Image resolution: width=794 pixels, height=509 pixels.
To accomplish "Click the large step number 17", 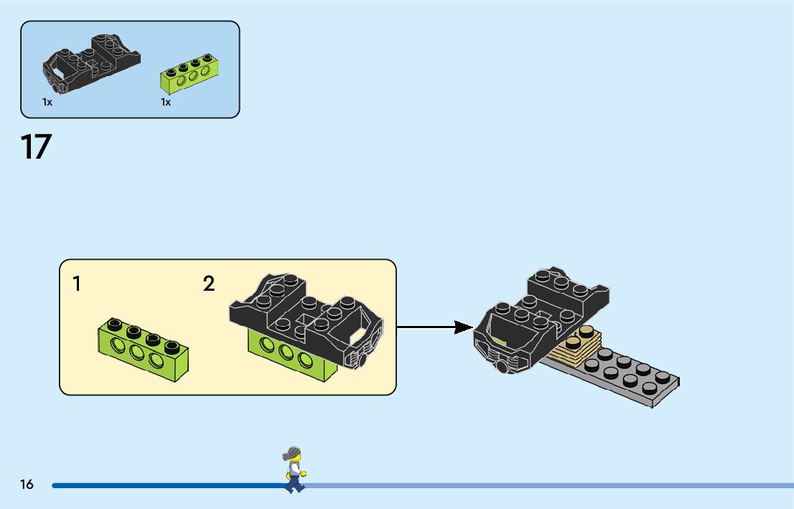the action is click(36, 147).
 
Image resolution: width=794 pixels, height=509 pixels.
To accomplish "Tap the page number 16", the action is click(27, 484).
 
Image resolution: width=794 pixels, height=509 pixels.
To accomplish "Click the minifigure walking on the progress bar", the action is click(294, 470).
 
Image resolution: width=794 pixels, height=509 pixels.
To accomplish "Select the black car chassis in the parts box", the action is click(91, 63).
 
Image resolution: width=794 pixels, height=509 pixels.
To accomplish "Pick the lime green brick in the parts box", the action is click(187, 74).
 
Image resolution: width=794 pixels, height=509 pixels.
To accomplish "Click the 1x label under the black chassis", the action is click(47, 102).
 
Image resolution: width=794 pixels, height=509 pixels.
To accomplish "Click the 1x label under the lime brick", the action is click(166, 102).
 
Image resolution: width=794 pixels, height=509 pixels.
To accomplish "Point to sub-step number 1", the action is click(77, 284).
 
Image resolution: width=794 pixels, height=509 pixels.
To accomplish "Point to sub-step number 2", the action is click(209, 284).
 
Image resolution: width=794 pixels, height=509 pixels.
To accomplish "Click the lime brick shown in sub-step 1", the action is click(144, 350).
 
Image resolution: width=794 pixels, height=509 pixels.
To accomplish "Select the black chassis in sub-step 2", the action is click(307, 318).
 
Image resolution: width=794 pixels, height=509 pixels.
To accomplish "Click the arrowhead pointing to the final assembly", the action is click(463, 327).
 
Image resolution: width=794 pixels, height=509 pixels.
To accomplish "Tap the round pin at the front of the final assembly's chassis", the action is click(501, 366).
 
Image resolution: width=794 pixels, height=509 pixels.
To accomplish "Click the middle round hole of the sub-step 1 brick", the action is click(137, 352).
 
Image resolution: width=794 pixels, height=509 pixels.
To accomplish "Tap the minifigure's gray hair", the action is click(291, 453).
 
